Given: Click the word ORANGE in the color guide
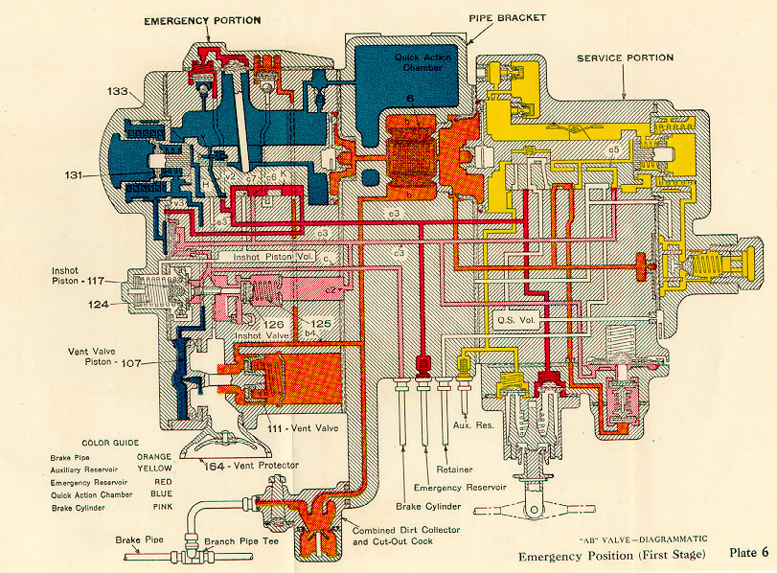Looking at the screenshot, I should click(x=153, y=457).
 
